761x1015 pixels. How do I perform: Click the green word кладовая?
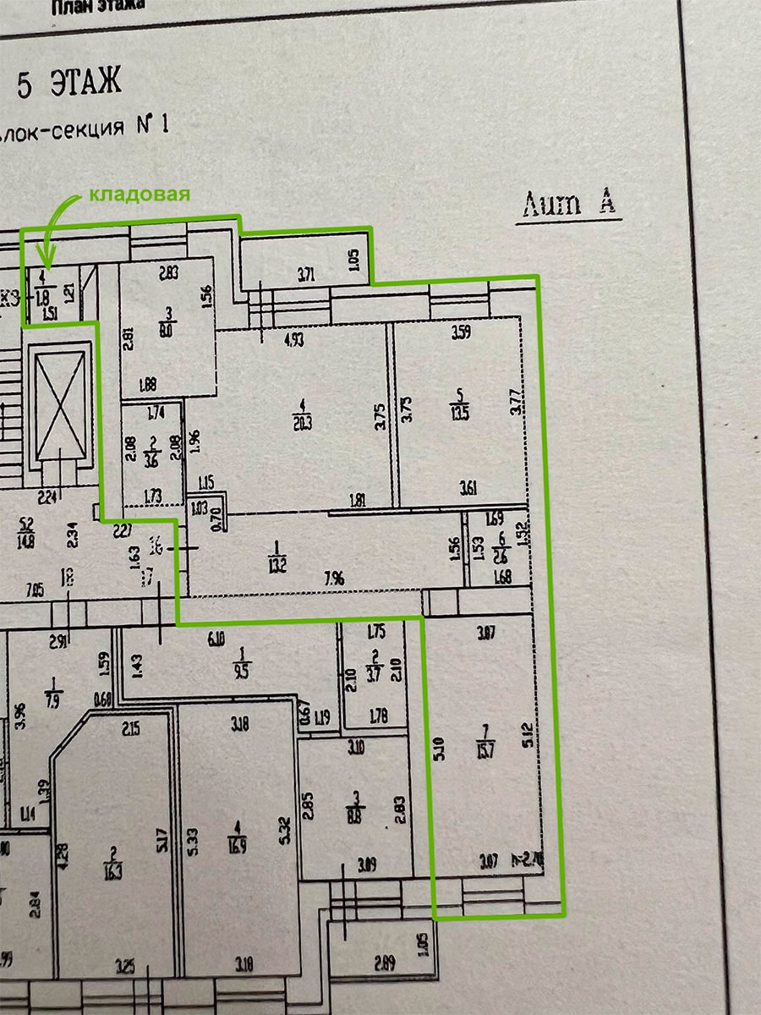[140, 194]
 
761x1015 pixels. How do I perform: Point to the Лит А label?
[569, 204]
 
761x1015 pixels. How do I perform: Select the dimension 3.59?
[461, 332]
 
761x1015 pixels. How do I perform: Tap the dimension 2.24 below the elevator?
[47, 497]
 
